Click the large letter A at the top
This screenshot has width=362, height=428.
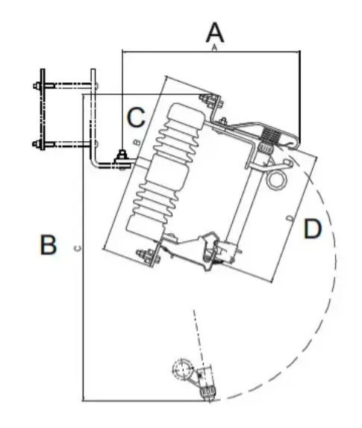pyautogui.click(x=215, y=33)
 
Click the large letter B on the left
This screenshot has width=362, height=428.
pyautogui.click(x=49, y=244)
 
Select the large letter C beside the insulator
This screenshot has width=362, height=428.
pyautogui.click(x=136, y=117)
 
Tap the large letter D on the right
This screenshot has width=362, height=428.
pyautogui.click(x=313, y=229)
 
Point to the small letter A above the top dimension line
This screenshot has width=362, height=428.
pyautogui.click(x=214, y=48)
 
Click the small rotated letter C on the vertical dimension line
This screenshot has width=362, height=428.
pyautogui.click(x=78, y=248)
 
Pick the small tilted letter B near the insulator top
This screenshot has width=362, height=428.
pyautogui.click(x=137, y=142)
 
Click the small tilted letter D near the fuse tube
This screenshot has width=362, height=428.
pyautogui.click(x=291, y=218)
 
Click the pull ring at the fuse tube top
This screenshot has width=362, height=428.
pyautogui.click(x=277, y=180)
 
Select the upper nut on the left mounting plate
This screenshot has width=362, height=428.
pyautogui.click(x=37, y=86)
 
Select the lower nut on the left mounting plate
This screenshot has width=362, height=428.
pyautogui.click(x=37, y=143)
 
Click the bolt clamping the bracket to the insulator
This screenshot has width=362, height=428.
pyautogui.click(x=122, y=159)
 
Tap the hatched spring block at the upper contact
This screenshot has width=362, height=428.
pyautogui.click(x=271, y=136)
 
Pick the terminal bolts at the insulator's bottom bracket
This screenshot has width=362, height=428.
pyautogui.click(x=147, y=257)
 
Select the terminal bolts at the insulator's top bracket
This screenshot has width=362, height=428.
pyautogui.click(x=211, y=101)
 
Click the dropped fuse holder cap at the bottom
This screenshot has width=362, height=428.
pyautogui.click(x=208, y=391)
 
